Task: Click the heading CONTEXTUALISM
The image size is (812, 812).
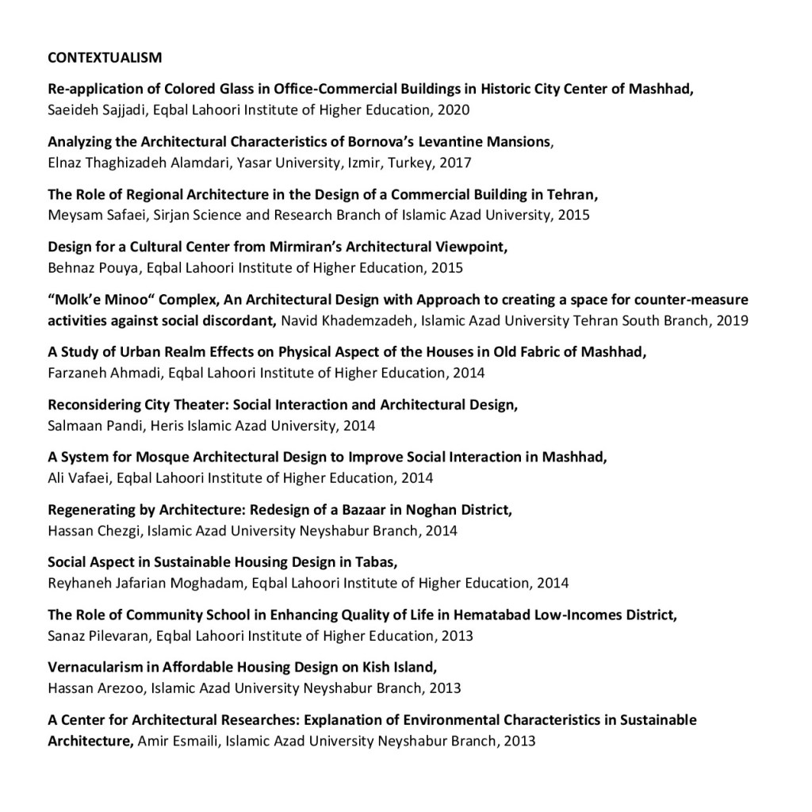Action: coord(105,57)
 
